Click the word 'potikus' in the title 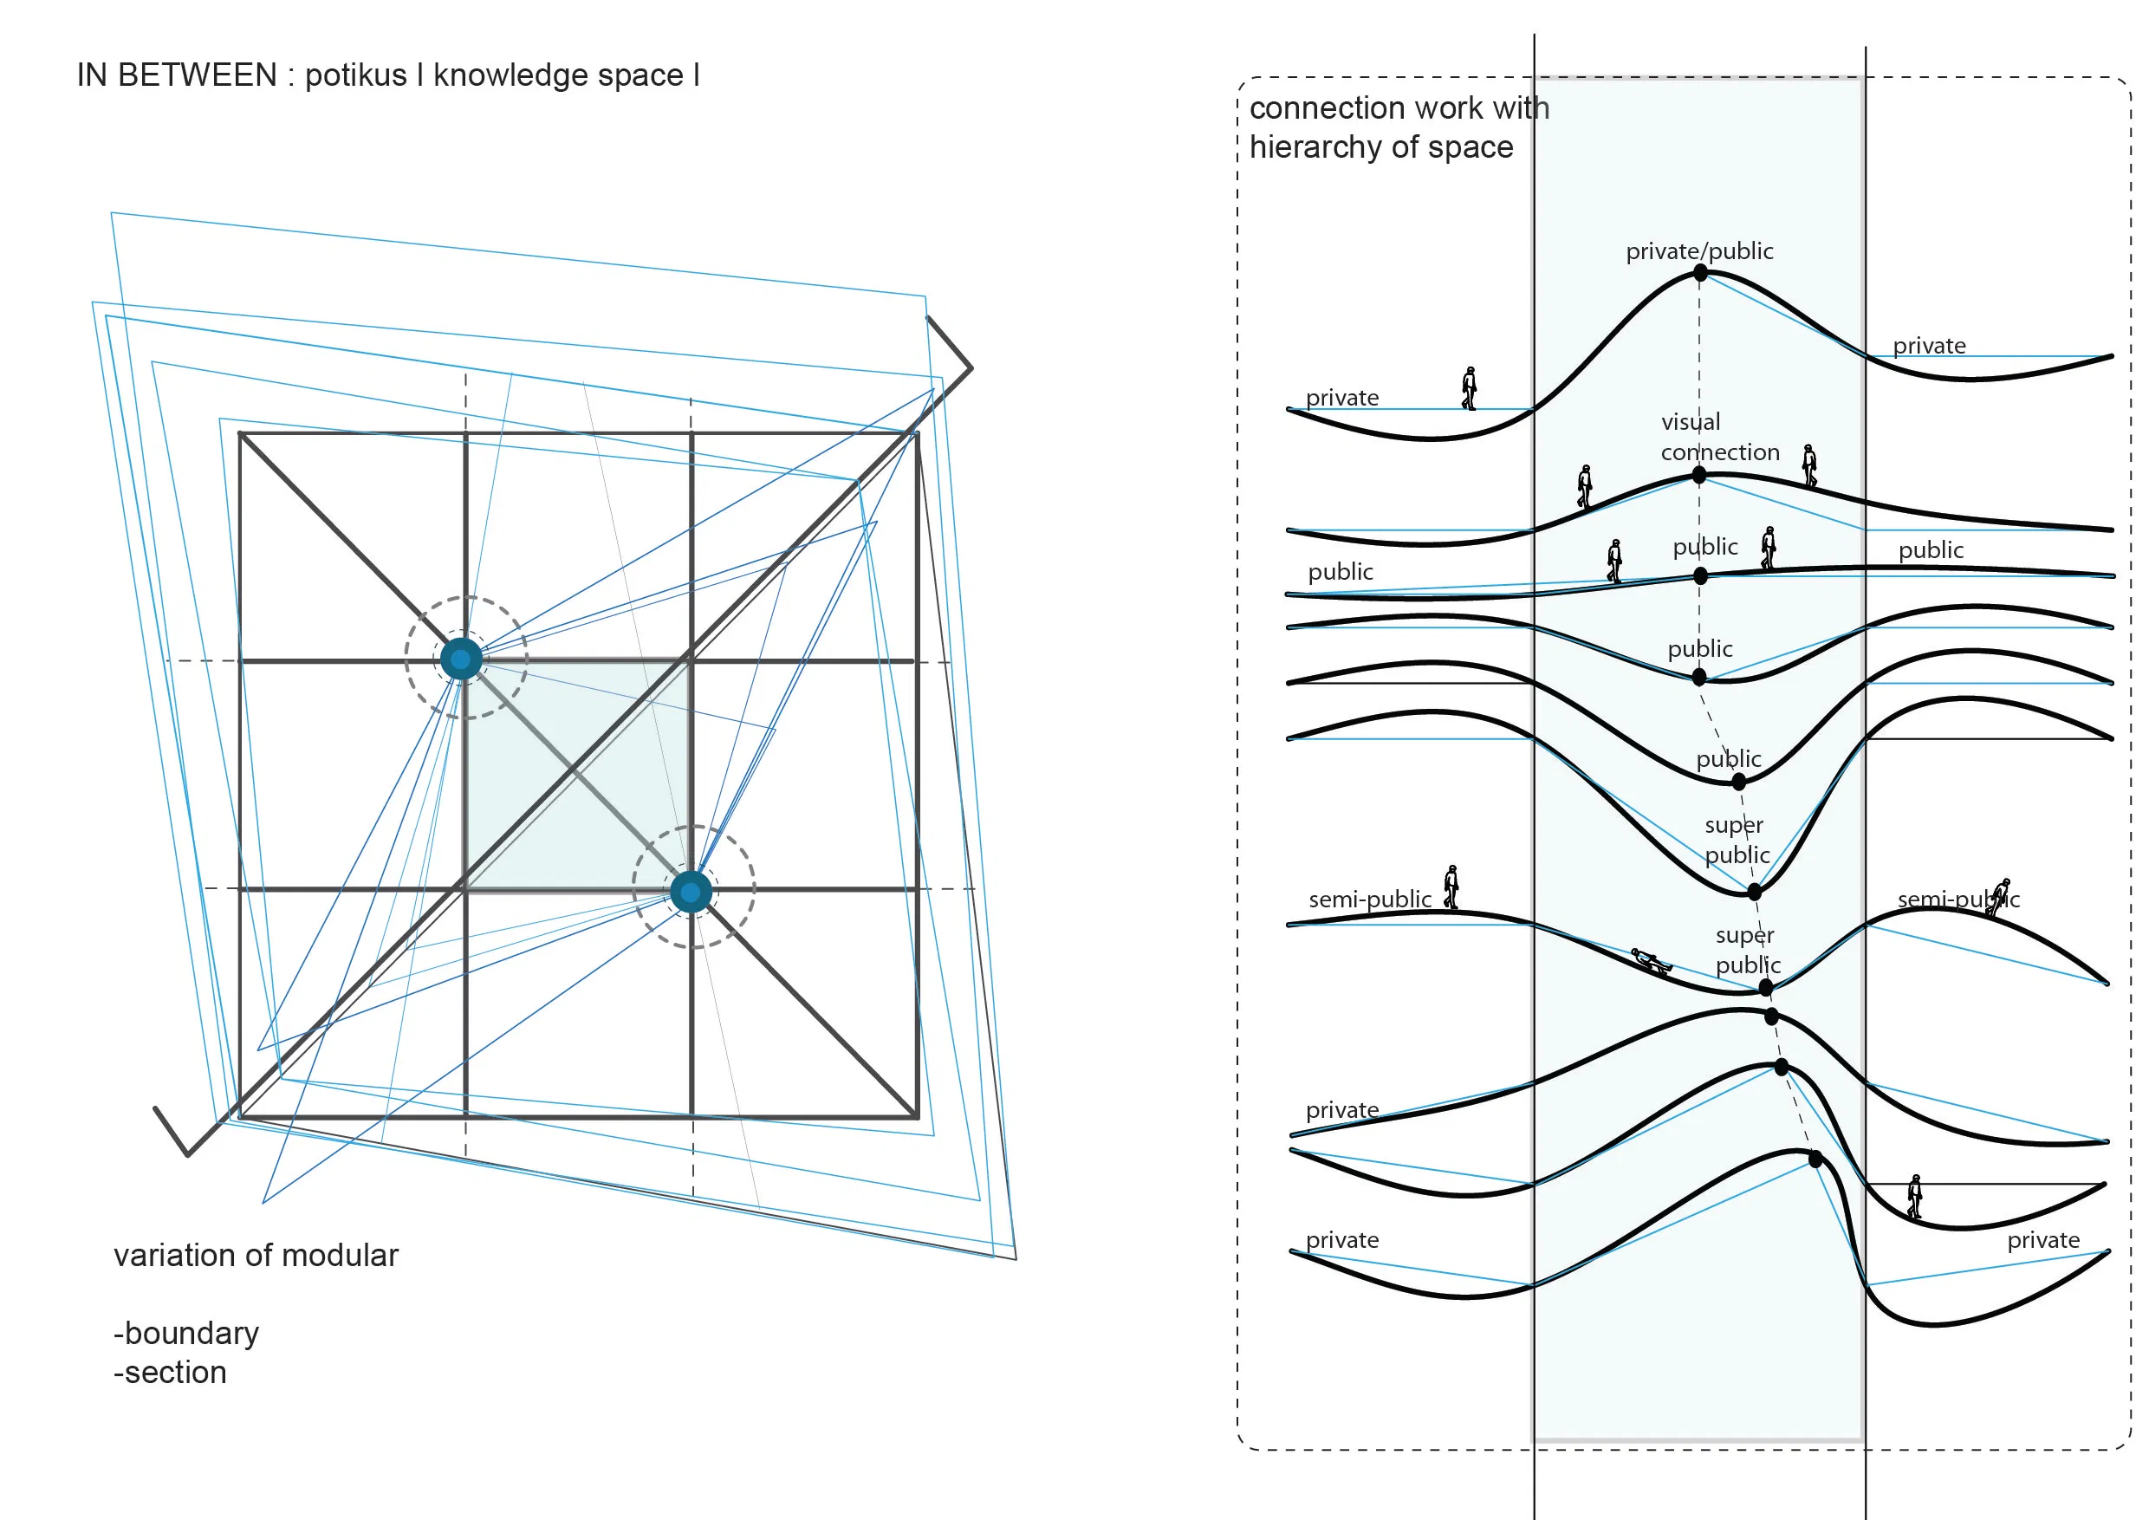point(355,75)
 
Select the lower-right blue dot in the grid point(691,892)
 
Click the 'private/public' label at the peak point(1698,250)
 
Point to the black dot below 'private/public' point(1700,273)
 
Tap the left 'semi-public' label point(1369,900)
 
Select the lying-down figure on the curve point(1651,961)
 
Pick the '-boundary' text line point(186,1333)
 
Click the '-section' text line point(171,1372)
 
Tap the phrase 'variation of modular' point(256,1255)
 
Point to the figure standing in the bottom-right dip point(1914,1196)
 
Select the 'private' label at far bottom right point(2042,1240)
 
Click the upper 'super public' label point(1737,840)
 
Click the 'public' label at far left point(1341,572)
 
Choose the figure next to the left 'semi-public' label point(1451,887)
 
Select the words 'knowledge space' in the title point(558,75)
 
